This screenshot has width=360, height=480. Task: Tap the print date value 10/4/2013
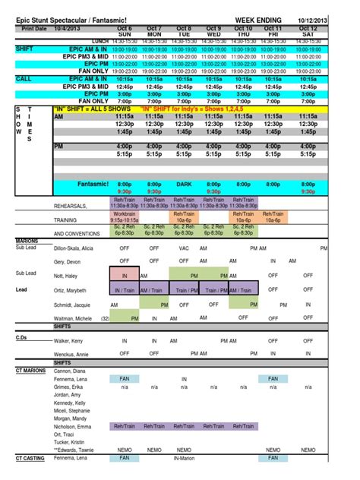click(x=68, y=29)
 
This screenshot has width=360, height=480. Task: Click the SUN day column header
click(x=125, y=34)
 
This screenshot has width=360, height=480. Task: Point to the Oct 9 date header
click(x=213, y=29)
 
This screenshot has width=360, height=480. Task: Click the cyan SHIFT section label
click(x=24, y=48)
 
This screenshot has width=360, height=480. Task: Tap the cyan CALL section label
click(x=24, y=78)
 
